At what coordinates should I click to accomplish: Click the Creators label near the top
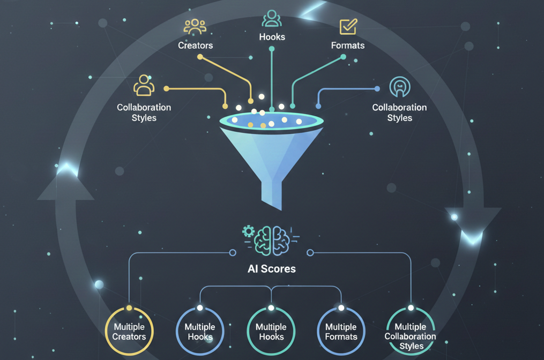[195, 46]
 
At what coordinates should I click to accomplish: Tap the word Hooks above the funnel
[272, 37]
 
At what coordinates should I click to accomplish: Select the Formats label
[347, 46]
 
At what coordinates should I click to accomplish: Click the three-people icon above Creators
[195, 27]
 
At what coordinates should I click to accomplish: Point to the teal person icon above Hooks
[272, 18]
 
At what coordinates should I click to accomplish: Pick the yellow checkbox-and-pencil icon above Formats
[348, 26]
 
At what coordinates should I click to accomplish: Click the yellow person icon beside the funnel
[144, 85]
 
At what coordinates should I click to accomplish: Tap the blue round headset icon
[399, 86]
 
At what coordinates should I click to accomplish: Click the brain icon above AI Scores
[272, 239]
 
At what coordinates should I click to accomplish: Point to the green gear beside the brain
[248, 231]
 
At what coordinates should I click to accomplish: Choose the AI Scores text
[271, 269]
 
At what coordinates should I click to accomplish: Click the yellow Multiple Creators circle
[129, 332]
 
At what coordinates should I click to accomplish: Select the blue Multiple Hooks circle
[200, 332]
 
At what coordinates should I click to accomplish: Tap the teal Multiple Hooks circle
[271, 332]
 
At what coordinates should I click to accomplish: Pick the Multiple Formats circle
[341, 332]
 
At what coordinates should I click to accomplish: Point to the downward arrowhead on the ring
[473, 220]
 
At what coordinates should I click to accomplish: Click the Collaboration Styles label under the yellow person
[144, 112]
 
